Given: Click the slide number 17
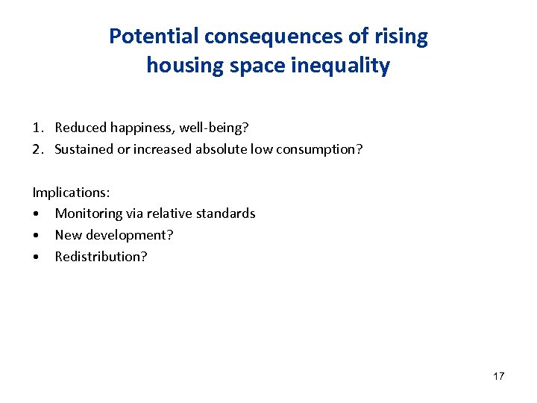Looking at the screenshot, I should (x=498, y=376).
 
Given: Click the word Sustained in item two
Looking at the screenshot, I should (x=84, y=149).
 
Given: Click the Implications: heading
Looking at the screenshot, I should (x=71, y=192).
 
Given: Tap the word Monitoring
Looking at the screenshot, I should (x=88, y=213).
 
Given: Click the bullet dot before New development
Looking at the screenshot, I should (x=37, y=235).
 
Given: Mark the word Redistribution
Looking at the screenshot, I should (x=101, y=257).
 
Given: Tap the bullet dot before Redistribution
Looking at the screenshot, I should (x=37, y=257).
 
